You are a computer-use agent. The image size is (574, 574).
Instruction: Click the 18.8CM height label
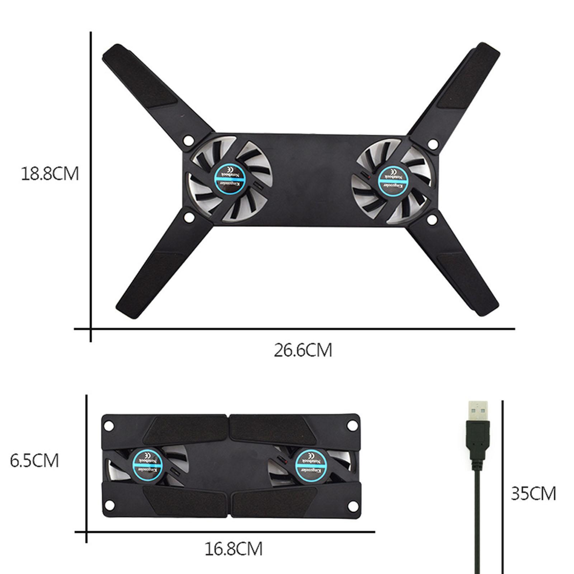pyautogui.click(x=50, y=174)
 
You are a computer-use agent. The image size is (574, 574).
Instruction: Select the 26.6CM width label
pyautogui.click(x=303, y=350)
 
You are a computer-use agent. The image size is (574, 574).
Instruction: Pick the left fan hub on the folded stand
pyautogui.click(x=146, y=465)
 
